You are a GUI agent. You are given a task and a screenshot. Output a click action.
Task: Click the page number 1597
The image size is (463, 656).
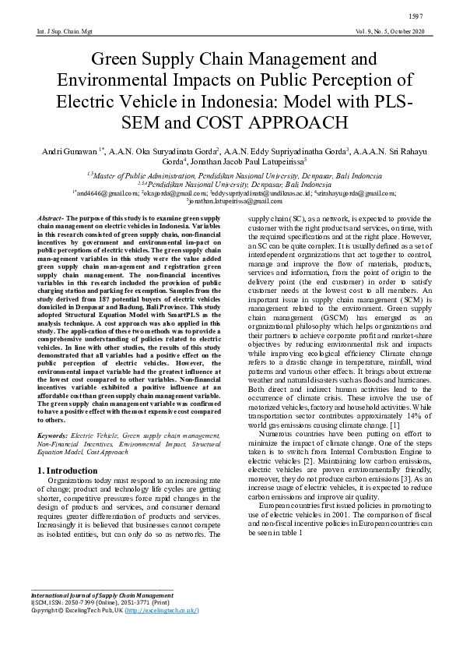click(436, 16)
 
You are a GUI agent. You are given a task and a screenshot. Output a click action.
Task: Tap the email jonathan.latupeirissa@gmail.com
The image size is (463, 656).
click(232, 201)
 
